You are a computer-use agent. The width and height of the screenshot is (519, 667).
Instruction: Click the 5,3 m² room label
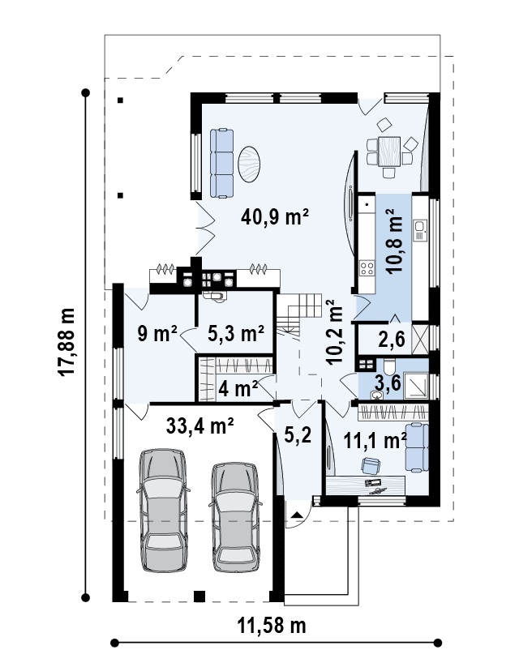(236, 333)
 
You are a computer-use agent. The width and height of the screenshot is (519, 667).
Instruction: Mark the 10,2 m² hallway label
(333, 333)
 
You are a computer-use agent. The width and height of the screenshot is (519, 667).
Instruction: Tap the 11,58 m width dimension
(271, 625)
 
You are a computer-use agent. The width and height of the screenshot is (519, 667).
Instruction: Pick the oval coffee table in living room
(251, 163)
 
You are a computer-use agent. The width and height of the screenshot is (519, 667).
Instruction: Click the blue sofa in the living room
(221, 162)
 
